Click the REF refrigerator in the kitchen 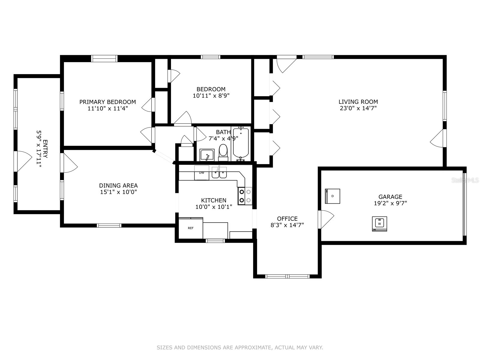click(x=191, y=228)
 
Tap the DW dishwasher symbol click(x=202, y=173)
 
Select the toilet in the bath click(x=223, y=151)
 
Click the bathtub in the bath click(x=241, y=143)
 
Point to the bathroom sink click(x=207, y=155)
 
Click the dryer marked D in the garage click(x=332, y=196)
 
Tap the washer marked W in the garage click(x=379, y=224)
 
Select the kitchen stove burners click(x=245, y=196)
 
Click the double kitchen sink click(x=219, y=173)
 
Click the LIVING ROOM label click(x=358, y=102)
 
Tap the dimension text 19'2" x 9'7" click(x=390, y=203)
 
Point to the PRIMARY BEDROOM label click(x=107, y=102)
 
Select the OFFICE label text click(x=287, y=219)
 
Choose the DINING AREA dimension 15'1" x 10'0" click(x=118, y=192)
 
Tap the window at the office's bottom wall click(x=287, y=276)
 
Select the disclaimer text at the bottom click(x=240, y=348)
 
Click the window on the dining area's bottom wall click(x=109, y=225)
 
